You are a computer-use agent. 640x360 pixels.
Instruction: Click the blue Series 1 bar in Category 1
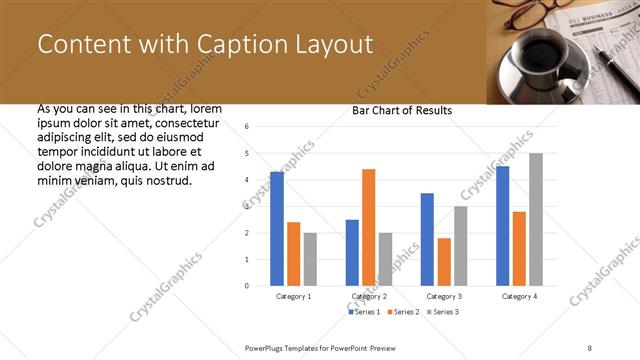pyautogui.click(x=277, y=229)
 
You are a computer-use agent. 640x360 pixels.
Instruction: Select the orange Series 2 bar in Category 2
pyautogui.click(x=368, y=227)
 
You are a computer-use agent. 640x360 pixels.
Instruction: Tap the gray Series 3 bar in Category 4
pyautogui.click(x=536, y=219)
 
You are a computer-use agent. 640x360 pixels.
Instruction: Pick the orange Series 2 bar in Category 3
pyautogui.click(x=444, y=262)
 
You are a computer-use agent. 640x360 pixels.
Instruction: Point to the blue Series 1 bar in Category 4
pyautogui.click(x=502, y=226)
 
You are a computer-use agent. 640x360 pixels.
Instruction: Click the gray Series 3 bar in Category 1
pyautogui.click(x=310, y=259)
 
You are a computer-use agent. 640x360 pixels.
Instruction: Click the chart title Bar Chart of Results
pyautogui.click(x=402, y=110)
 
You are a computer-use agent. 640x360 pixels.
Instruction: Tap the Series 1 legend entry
pyautogui.click(x=364, y=313)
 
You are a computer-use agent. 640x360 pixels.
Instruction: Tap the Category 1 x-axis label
pyautogui.click(x=293, y=297)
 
